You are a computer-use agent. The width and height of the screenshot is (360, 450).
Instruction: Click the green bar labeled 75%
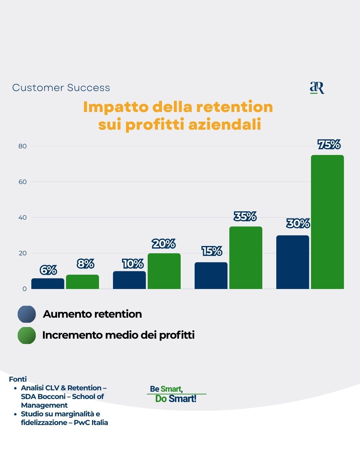(x=327, y=222)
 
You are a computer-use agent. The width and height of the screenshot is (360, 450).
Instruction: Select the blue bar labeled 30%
(x=293, y=262)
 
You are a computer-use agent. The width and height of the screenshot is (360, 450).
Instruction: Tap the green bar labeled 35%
(x=246, y=258)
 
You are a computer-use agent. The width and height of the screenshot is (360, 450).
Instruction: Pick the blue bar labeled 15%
(x=211, y=276)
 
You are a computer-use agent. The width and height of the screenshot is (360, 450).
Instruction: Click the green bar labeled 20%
(x=164, y=271)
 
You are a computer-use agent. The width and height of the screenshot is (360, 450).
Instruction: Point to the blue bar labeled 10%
(x=129, y=280)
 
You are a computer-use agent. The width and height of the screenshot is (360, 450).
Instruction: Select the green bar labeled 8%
(x=82, y=282)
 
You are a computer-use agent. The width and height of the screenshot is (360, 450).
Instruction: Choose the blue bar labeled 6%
(x=48, y=284)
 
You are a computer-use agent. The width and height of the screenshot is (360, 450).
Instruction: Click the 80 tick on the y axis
(x=22, y=146)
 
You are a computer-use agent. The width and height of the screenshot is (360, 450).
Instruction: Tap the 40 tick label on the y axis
(x=22, y=218)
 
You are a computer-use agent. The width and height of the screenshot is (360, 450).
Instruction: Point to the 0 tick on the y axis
(x=24, y=289)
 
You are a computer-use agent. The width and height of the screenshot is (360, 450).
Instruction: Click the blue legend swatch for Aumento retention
(x=27, y=314)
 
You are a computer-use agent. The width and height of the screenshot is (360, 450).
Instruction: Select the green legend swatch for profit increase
(x=27, y=335)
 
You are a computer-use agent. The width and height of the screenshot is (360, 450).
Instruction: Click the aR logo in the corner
(x=317, y=88)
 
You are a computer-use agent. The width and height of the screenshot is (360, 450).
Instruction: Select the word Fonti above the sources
(x=18, y=379)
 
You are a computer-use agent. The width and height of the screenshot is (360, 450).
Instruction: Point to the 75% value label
(x=329, y=145)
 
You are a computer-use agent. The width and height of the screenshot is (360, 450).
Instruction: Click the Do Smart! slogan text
(x=176, y=399)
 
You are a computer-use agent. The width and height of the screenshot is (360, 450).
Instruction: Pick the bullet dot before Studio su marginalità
(x=15, y=414)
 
